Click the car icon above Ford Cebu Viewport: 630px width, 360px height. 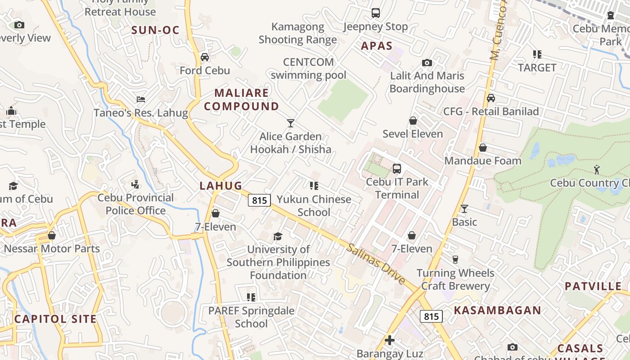point(205,57)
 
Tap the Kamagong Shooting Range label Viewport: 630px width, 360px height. point(297,33)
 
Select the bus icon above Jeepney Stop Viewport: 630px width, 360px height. point(376,13)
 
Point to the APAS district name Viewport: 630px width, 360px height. point(377,46)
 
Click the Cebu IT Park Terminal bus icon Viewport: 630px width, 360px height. point(396,169)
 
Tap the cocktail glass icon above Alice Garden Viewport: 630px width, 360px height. point(291,123)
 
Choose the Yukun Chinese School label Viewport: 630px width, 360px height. point(314,206)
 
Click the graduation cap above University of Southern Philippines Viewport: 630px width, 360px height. point(278,236)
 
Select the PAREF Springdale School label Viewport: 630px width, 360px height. point(251,317)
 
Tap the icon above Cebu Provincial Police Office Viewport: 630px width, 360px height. point(135,184)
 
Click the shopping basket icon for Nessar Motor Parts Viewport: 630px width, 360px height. point(52,235)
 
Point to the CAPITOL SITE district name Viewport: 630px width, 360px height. point(55,319)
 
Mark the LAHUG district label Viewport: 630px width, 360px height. point(220,185)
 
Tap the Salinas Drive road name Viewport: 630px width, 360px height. point(376,264)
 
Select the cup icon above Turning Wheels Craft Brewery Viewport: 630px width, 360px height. point(455,259)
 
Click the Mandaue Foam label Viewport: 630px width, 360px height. point(482,161)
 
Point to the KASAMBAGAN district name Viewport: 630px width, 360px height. point(497,310)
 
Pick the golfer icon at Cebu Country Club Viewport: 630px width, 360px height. point(597,170)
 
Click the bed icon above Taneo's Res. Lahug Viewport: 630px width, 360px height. point(141,99)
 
